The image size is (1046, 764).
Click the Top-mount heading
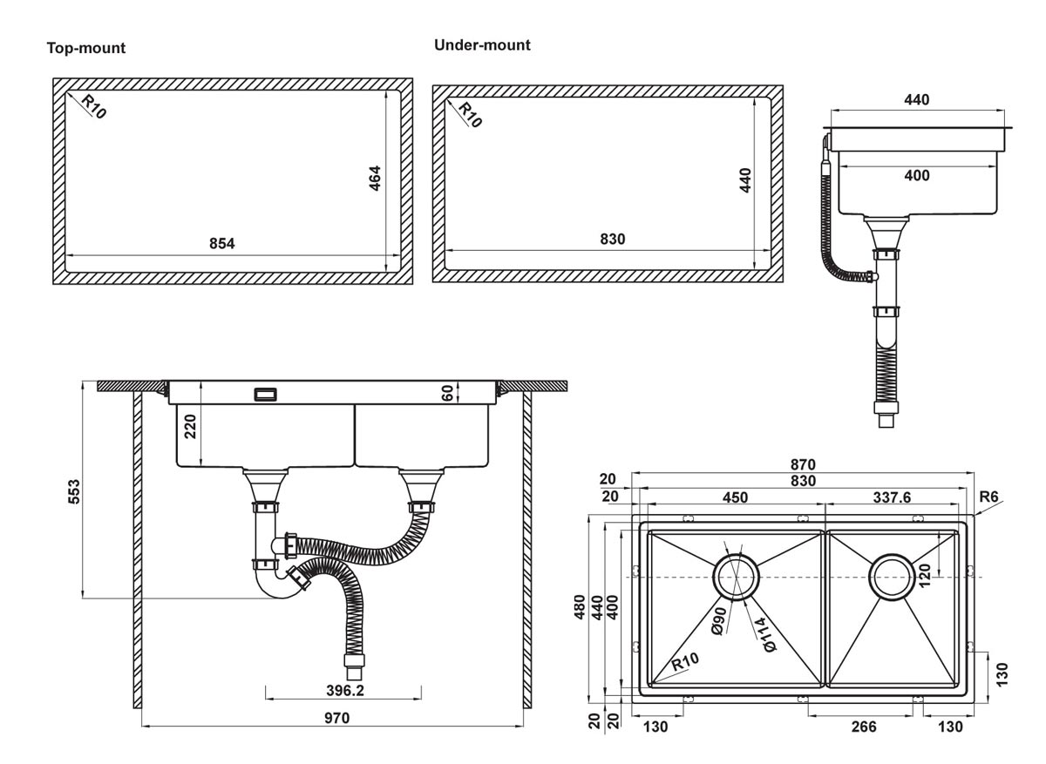tap(86, 49)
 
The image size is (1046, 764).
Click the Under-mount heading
tap(482, 45)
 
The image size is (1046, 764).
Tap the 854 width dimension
tap(222, 244)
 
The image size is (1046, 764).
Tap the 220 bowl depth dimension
tap(191, 427)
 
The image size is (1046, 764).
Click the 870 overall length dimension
tap(803, 465)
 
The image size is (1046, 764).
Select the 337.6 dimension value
tap(892, 497)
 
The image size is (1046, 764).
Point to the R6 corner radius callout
tap(988, 497)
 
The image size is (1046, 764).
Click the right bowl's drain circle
tap(893, 577)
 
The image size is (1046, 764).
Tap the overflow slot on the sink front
tap(264, 395)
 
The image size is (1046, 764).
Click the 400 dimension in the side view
tap(916, 176)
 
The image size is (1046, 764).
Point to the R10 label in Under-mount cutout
tap(470, 115)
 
